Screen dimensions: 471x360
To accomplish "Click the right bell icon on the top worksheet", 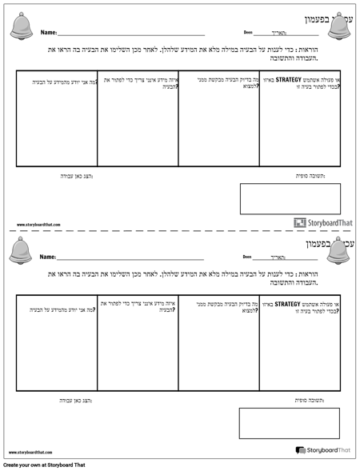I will tap(343, 26).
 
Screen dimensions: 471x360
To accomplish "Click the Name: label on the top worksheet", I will tap(48, 34).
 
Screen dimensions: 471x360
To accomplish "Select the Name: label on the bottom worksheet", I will tap(48, 257).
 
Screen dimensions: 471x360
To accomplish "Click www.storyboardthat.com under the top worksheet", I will tap(38, 226).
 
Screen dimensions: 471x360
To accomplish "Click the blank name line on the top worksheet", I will tap(132, 34).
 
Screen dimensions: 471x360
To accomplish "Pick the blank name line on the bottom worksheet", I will tap(132, 258).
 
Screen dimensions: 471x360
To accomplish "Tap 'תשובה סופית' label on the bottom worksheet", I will tap(310, 398).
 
